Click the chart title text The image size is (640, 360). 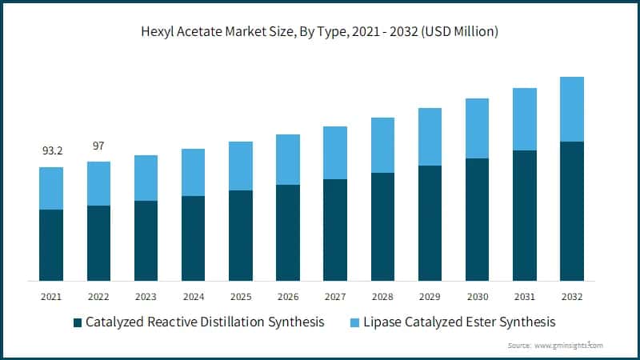click(x=320, y=32)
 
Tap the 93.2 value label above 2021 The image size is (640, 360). click(x=51, y=151)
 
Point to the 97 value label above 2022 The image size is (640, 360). click(x=98, y=146)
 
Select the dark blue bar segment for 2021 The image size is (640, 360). click(x=51, y=245)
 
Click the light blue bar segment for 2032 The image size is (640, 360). click(x=571, y=109)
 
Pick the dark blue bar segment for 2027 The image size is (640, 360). click(x=335, y=230)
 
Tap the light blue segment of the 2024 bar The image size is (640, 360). click(x=193, y=172)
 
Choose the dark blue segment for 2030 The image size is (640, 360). click(x=477, y=219)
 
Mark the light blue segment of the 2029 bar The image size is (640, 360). click(x=430, y=137)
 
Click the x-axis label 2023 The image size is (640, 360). click(x=146, y=297)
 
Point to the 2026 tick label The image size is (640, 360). click(x=287, y=297)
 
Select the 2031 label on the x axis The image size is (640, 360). click(x=524, y=297)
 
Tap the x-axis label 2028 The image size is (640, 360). click(x=382, y=297)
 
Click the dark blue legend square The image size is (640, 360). click(x=78, y=322)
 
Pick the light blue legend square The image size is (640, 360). click(x=355, y=322)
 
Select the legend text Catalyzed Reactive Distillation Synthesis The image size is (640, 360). click(x=205, y=322)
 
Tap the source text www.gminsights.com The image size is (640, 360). click(x=567, y=346)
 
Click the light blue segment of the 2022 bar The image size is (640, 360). click(x=98, y=183)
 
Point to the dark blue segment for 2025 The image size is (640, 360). click(x=240, y=235)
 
